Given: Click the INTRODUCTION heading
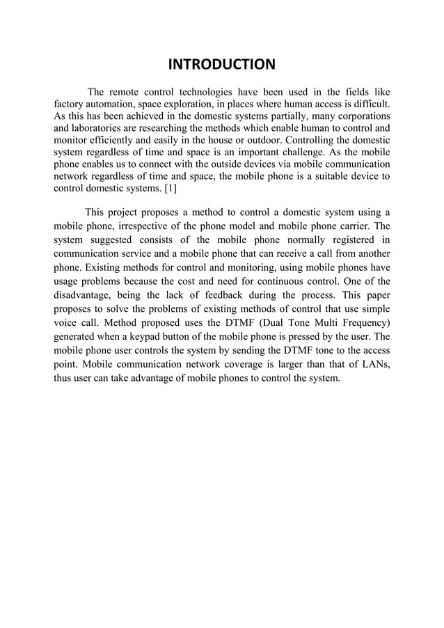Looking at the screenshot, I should (222, 66).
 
